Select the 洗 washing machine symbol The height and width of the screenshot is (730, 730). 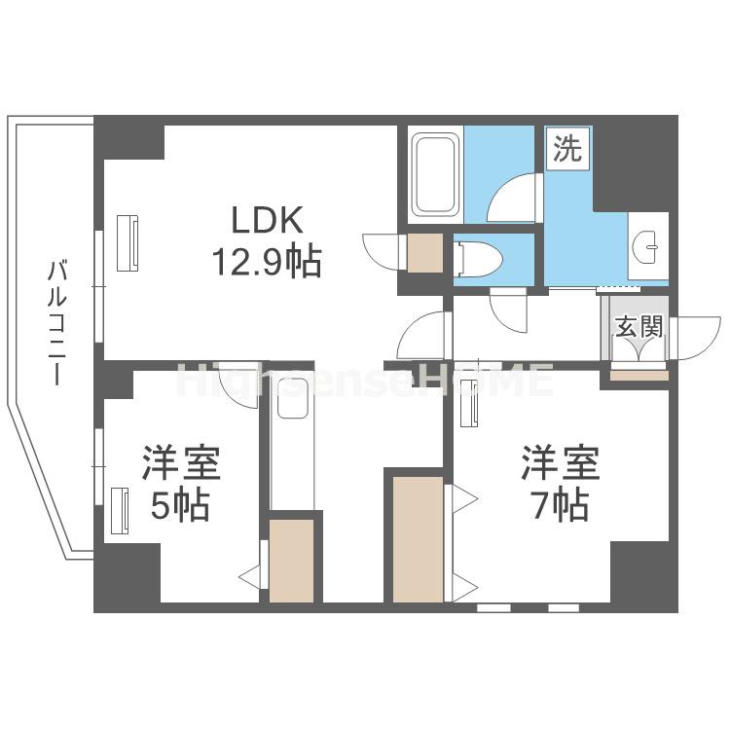pos(567,149)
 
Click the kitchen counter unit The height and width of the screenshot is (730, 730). pos(293,443)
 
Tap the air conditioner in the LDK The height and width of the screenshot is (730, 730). pos(128,239)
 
